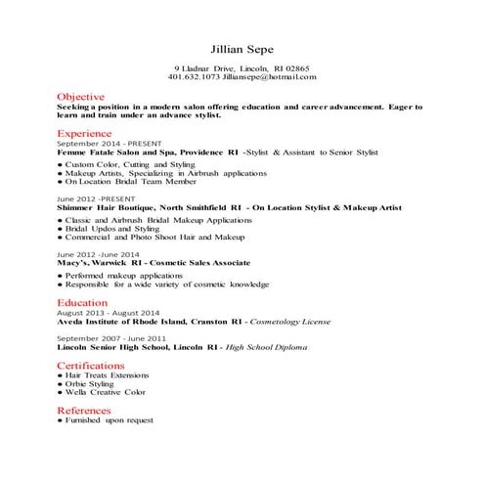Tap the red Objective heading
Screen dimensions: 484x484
coord(80,98)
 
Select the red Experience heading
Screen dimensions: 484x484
coord(84,132)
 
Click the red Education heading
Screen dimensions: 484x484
coord(82,303)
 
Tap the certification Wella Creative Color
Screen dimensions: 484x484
coord(105,392)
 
